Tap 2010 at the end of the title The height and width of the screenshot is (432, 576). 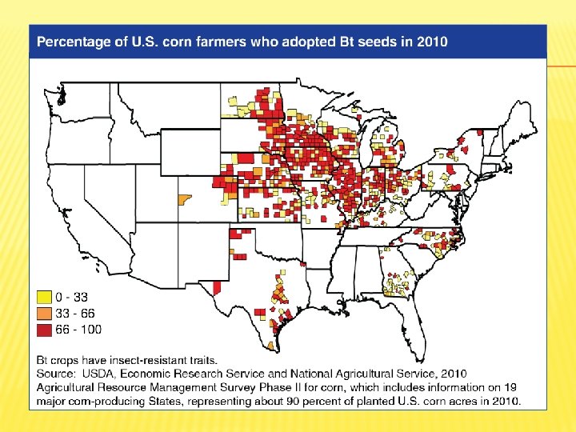(x=432, y=42)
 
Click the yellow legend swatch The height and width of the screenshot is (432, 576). (x=45, y=297)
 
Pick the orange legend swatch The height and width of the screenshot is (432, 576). (x=45, y=313)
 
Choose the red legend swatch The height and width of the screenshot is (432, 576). (x=45, y=329)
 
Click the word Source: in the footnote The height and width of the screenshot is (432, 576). (x=57, y=374)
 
